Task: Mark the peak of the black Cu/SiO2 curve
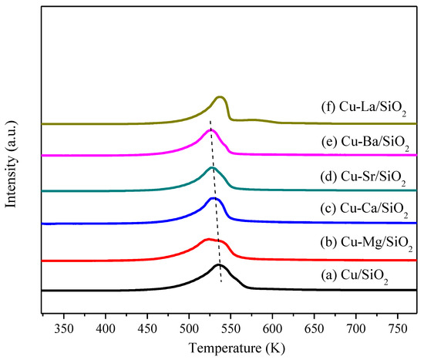pos(219,265)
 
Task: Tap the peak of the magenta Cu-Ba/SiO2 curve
pos(210,130)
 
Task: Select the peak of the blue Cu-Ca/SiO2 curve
pos(214,198)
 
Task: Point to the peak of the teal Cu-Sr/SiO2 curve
pos(212,167)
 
